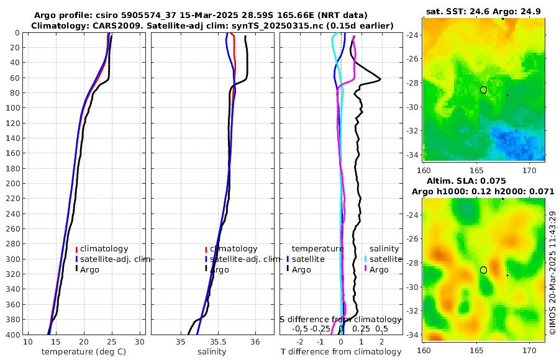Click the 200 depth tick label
[12, 184]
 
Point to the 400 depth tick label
[12, 335]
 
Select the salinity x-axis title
[212, 352]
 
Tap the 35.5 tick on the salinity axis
[219, 342]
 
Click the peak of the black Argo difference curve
[380, 79]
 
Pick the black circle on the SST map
[484, 90]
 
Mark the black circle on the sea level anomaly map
[484, 270]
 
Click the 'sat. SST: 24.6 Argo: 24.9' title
[484, 11]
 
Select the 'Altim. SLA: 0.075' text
[484, 180]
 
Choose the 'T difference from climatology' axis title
[340, 352]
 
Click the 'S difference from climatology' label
[340, 318]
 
